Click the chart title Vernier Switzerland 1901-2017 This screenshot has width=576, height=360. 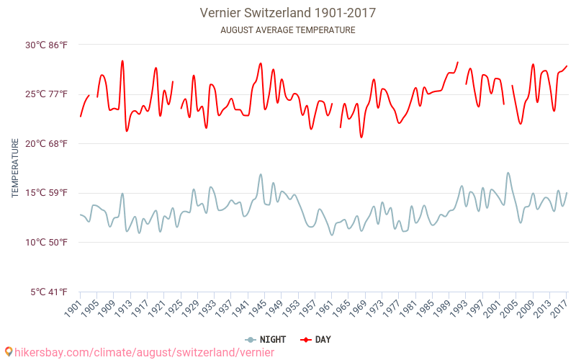pos(288,13)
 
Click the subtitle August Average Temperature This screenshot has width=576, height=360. pos(288,30)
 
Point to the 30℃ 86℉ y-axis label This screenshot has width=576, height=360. pos(47,45)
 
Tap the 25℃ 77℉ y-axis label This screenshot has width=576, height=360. pos(47,94)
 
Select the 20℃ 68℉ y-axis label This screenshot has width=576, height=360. pos(47,143)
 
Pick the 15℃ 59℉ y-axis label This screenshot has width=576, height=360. pos(47,193)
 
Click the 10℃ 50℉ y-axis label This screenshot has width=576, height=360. pos(47,242)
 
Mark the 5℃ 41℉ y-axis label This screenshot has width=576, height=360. pos(49,292)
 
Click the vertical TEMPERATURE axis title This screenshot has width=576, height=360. pos(14,168)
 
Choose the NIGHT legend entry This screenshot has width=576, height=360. pos(266,340)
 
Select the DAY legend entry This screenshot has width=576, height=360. pos(315,340)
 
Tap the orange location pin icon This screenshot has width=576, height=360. pos(8,352)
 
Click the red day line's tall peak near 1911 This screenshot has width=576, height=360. pos(122,61)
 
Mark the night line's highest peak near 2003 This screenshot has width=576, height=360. pos(508,173)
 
